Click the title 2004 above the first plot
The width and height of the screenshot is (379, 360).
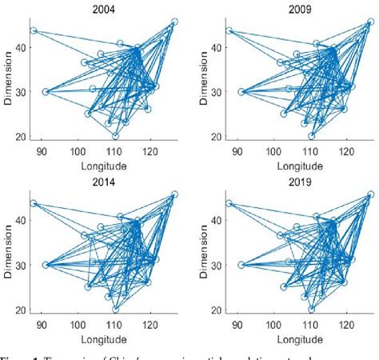coord(104,8)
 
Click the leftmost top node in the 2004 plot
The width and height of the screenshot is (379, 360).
coord(33,31)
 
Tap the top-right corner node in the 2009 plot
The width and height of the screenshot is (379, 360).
coord(369,22)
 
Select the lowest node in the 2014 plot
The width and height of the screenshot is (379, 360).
coord(116,308)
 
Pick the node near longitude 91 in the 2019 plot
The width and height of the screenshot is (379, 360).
coord(241,265)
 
